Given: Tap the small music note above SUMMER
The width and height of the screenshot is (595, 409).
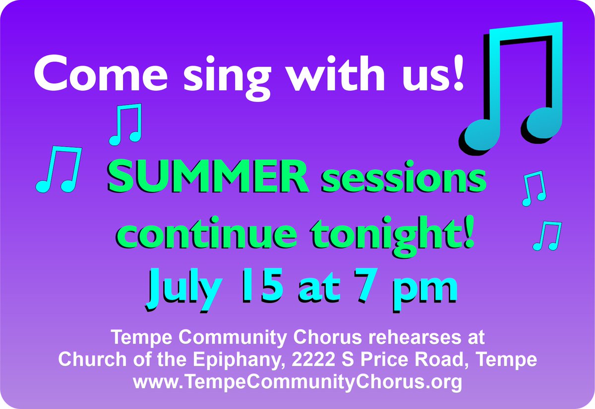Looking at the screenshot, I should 125,124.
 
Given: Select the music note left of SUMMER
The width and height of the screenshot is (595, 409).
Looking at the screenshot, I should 59,170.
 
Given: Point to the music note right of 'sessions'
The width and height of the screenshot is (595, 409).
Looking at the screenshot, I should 535,188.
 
